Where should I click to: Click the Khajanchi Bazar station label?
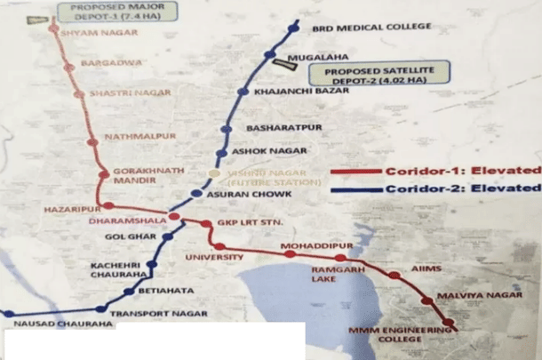point(293,92)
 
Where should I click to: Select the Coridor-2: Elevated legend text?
point(463,188)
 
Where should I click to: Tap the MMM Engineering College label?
point(390,337)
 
